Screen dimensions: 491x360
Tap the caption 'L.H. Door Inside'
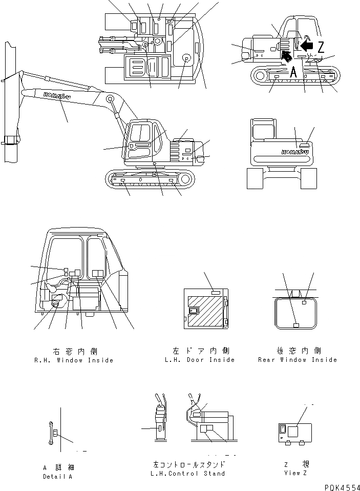200,360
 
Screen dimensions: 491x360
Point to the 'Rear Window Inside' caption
298,360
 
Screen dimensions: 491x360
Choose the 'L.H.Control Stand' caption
189,474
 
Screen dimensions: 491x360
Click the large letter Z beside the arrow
321,48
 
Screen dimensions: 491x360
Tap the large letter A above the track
293,73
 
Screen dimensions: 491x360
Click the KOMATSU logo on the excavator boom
54,96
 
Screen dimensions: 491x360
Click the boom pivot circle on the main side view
110,98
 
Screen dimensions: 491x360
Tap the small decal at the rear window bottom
295,325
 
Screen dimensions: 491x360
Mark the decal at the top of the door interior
216,291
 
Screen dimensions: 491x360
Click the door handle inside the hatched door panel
194,311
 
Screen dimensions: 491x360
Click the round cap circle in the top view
185,59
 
